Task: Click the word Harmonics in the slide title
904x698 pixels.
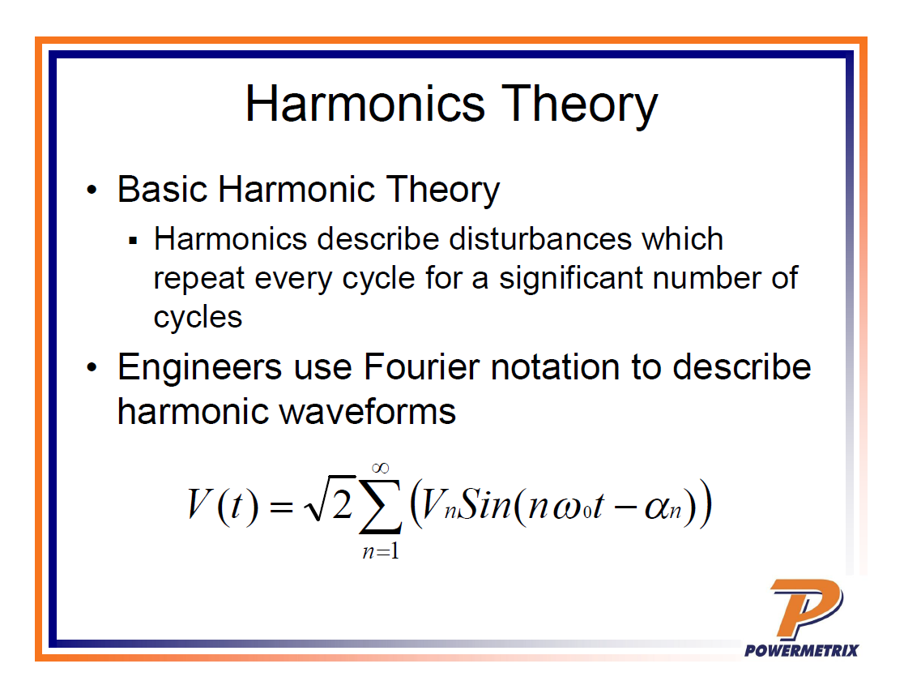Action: pos(365,104)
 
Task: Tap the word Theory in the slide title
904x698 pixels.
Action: pos(579,106)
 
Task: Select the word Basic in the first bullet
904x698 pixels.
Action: pos(162,189)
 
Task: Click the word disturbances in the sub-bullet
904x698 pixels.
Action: pos(541,238)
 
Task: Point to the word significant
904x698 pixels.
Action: pos(571,279)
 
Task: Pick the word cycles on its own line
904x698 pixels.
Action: pos(198,318)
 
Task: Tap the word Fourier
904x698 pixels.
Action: pos(421,367)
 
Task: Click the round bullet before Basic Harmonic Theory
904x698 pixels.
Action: pos(91,190)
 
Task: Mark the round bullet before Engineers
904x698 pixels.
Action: pos(91,367)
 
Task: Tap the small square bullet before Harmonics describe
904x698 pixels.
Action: pos(133,241)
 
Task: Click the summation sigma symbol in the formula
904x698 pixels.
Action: pos(380,505)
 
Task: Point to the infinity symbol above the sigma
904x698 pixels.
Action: pos(381,467)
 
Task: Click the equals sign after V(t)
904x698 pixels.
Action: pos(281,507)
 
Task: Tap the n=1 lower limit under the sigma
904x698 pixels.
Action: pos(381,552)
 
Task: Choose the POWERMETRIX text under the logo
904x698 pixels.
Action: pos(801,651)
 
